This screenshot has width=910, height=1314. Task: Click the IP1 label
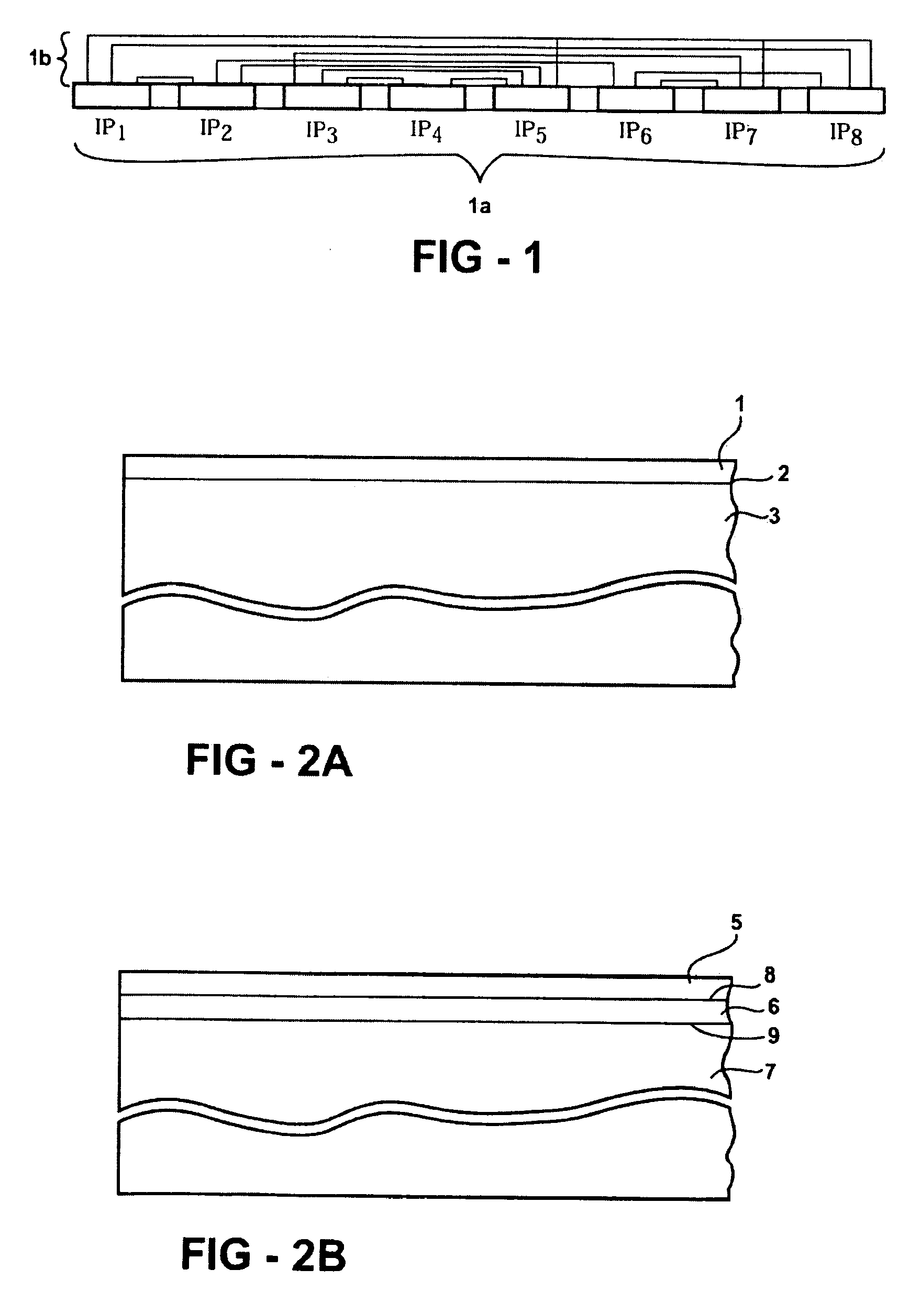110,129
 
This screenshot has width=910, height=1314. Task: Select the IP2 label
216,130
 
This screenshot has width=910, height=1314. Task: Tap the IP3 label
321,132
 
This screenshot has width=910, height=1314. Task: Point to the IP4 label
426,131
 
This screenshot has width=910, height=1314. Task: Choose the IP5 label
530,132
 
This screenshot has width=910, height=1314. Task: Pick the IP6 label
635,133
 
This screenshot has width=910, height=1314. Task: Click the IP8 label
846,135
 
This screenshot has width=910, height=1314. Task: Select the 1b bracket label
40,58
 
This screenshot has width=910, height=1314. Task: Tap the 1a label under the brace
480,206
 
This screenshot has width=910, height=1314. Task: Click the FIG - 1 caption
476,257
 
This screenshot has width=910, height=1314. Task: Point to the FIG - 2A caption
269,761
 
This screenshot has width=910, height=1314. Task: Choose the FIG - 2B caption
263,1255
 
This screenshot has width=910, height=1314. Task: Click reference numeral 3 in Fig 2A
774,516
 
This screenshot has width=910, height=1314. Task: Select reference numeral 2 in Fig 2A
783,473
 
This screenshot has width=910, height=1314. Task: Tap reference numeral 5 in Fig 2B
737,922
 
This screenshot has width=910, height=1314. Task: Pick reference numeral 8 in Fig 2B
770,975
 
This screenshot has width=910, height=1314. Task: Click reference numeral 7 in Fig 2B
770,1072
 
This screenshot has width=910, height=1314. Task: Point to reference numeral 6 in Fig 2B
774,1007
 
